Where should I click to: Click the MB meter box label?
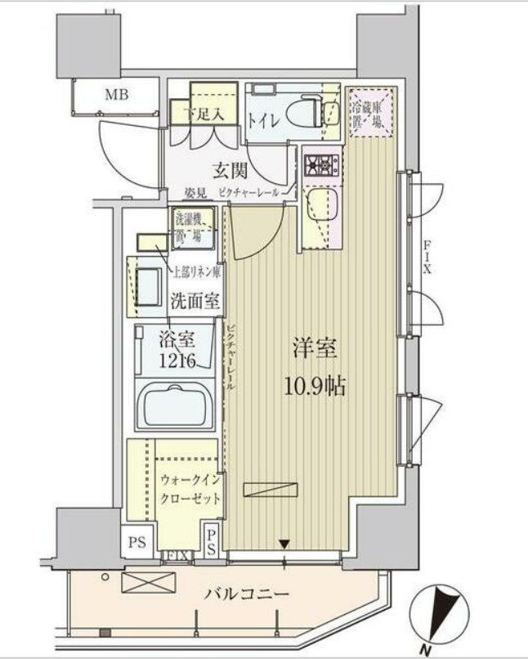(115, 94)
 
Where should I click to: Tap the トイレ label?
(263, 120)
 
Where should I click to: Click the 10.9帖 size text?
(315, 385)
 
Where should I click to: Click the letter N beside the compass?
(426, 650)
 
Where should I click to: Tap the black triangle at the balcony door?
(284, 541)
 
